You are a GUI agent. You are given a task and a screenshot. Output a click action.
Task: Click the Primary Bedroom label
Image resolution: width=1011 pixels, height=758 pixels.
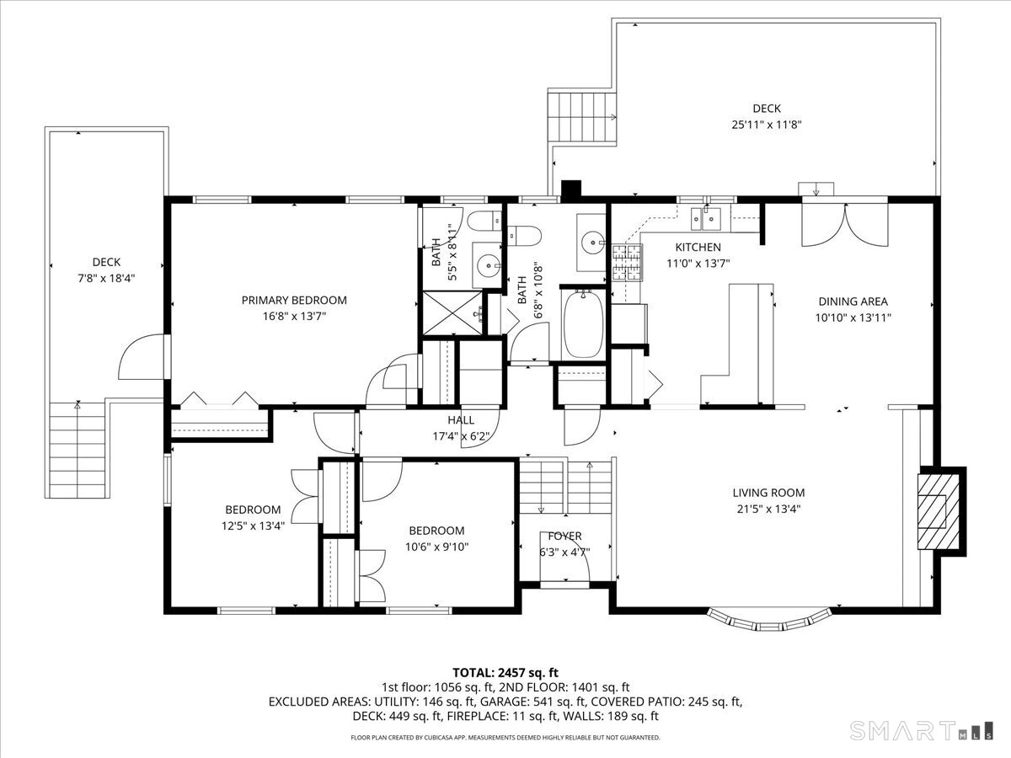point(294,300)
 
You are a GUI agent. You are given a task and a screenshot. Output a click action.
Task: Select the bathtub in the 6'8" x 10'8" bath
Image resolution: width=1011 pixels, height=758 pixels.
point(583,323)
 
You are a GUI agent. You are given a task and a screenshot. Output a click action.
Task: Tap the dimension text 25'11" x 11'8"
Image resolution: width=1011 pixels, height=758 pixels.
point(767,125)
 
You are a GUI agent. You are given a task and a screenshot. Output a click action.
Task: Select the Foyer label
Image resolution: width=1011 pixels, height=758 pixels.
point(564,536)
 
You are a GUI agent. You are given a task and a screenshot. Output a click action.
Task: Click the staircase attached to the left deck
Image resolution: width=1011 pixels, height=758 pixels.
point(77,452)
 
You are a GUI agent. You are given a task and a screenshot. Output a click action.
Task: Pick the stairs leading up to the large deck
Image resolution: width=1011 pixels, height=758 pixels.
point(582,119)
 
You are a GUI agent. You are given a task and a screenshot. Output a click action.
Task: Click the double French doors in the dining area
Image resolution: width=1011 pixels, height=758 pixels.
point(844,224)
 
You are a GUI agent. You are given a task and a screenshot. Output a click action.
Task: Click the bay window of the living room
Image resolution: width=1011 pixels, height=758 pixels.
point(765,619)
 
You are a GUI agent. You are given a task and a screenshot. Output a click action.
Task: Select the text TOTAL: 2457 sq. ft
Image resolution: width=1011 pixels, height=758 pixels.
point(505,672)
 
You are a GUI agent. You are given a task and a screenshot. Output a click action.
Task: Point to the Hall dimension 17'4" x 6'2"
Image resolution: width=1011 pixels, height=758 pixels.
point(461,435)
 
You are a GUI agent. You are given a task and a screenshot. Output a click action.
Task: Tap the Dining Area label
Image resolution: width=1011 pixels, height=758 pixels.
point(853,301)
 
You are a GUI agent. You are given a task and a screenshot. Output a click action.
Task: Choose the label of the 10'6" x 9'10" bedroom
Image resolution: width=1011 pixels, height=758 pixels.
point(436,531)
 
